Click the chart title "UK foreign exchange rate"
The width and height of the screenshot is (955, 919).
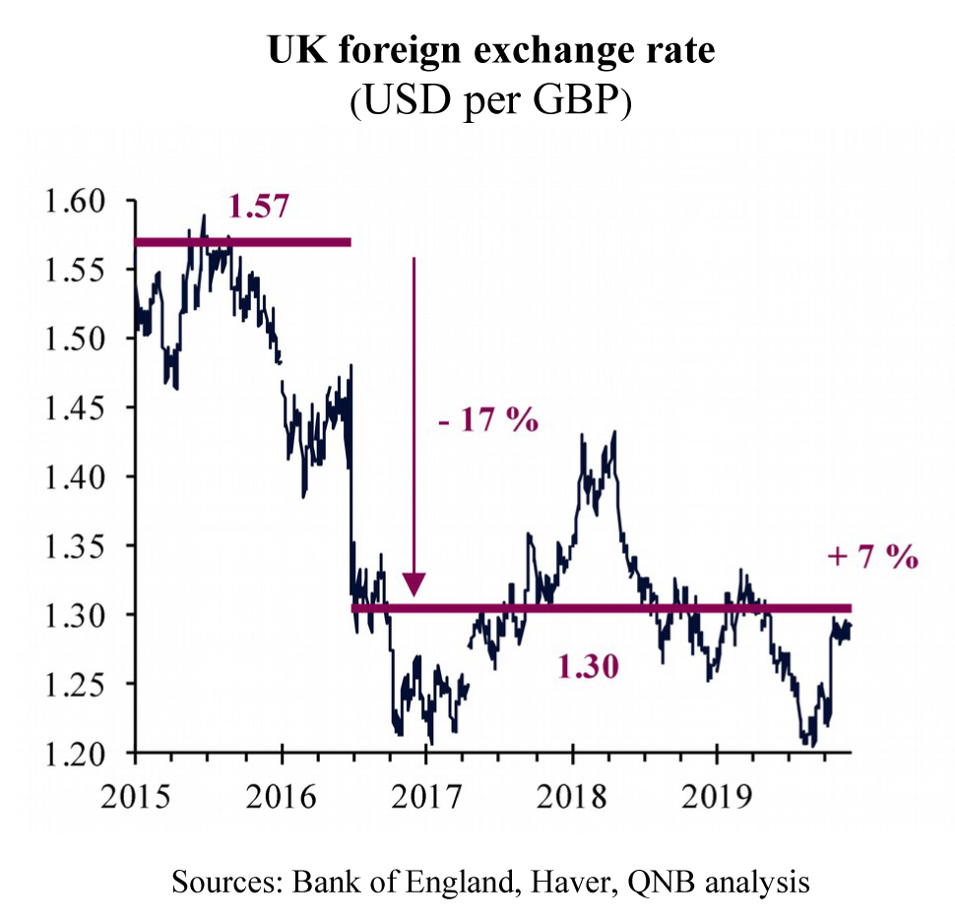(477, 51)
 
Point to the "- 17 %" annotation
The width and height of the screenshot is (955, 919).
(489, 421)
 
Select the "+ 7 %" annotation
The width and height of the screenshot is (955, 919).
(872, 557)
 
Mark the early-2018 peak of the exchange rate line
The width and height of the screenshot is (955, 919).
(614, 432)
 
